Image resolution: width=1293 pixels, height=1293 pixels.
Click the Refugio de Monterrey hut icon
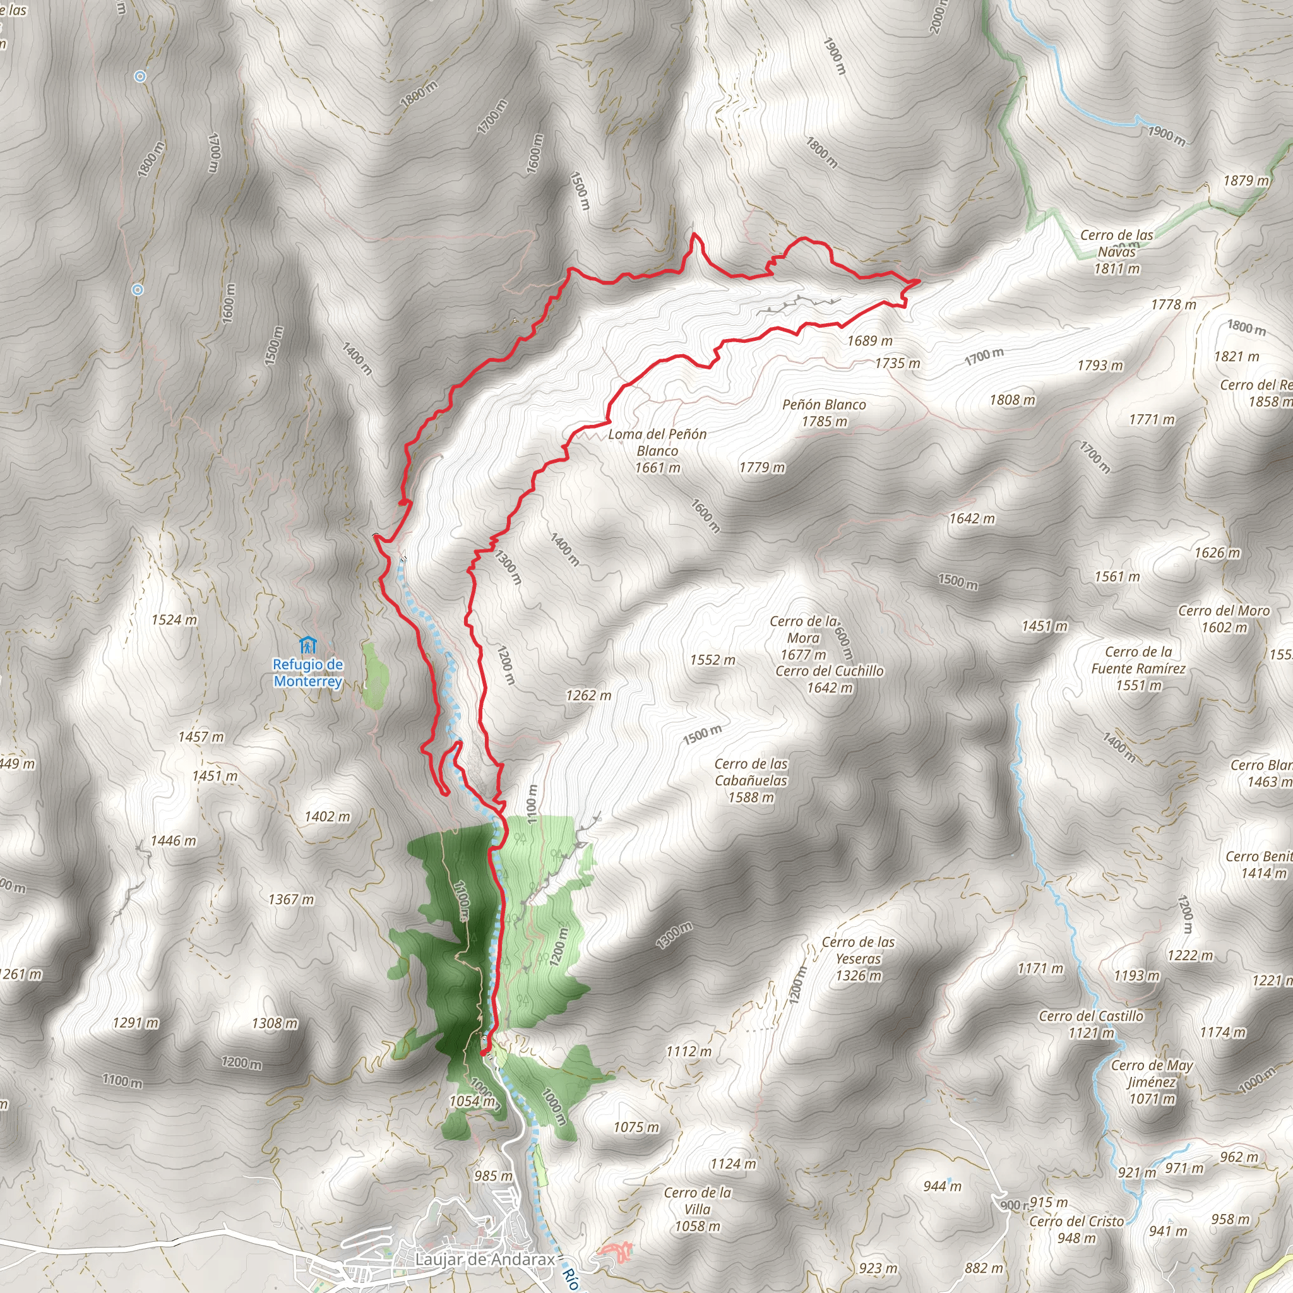tap(308, 646)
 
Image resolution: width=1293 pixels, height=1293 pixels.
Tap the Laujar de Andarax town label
tap(484, 1260)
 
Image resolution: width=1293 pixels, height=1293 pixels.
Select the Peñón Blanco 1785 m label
tap(824, 413)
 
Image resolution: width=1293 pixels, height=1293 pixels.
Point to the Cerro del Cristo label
tap(1076, 1229)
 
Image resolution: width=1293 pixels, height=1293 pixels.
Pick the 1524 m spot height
tap(174, 620)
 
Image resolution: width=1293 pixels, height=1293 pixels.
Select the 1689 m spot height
tap(869, 341)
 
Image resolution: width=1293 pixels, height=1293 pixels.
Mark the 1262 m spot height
tap(588, 695)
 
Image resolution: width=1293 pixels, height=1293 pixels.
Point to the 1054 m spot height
tap(472, 1101)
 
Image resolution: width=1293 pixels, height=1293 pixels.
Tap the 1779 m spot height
tap(761, 467)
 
